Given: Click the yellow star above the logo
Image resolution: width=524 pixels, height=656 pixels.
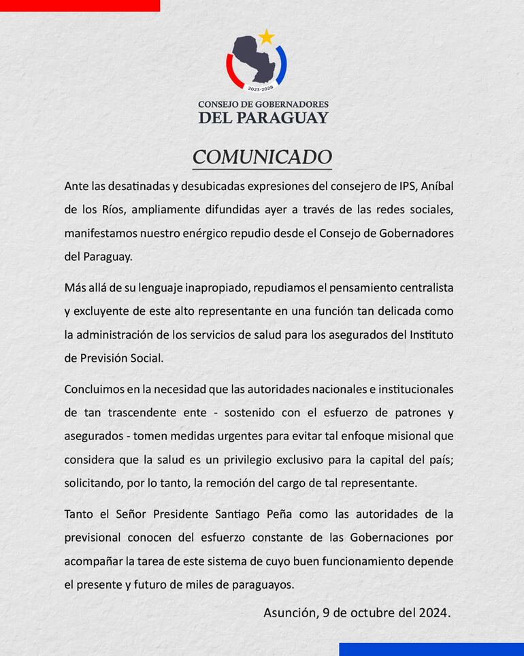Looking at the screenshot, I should pos(266,36).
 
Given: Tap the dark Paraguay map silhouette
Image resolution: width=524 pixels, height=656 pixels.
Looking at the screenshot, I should pos(255,58).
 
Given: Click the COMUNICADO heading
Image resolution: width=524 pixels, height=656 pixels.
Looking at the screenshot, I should pos(262,157).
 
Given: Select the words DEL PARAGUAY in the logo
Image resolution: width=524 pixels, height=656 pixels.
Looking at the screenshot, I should pos(263,117).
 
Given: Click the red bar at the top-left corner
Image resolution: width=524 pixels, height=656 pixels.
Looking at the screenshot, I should pos(80,5).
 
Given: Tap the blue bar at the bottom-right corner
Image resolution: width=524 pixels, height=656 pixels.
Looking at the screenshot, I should pos(431,649).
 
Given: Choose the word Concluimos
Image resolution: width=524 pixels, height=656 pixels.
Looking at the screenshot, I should pos(95,389).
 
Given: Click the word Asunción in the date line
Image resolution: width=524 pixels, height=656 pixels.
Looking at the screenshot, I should pos(289,612).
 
